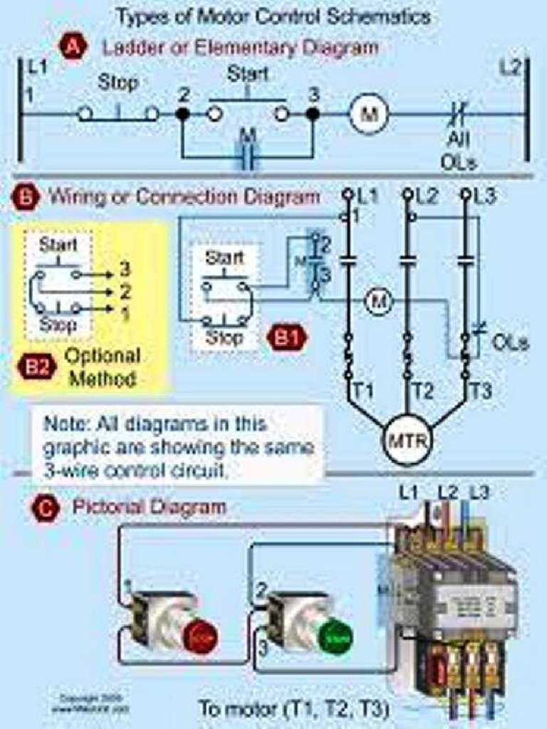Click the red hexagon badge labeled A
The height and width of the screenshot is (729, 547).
(73, 48)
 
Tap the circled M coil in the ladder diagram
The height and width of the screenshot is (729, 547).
(368, 114)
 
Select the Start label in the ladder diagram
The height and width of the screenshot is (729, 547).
(247, 73)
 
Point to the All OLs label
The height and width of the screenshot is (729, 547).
(458, 150)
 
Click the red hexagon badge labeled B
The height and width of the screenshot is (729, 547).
(27, 197)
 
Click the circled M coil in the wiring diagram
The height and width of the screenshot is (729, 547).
(379, 303)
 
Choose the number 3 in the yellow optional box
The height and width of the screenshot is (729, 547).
(125, 270)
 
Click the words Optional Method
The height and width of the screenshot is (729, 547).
(101, 367)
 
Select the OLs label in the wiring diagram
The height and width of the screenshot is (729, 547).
(510, 343)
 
